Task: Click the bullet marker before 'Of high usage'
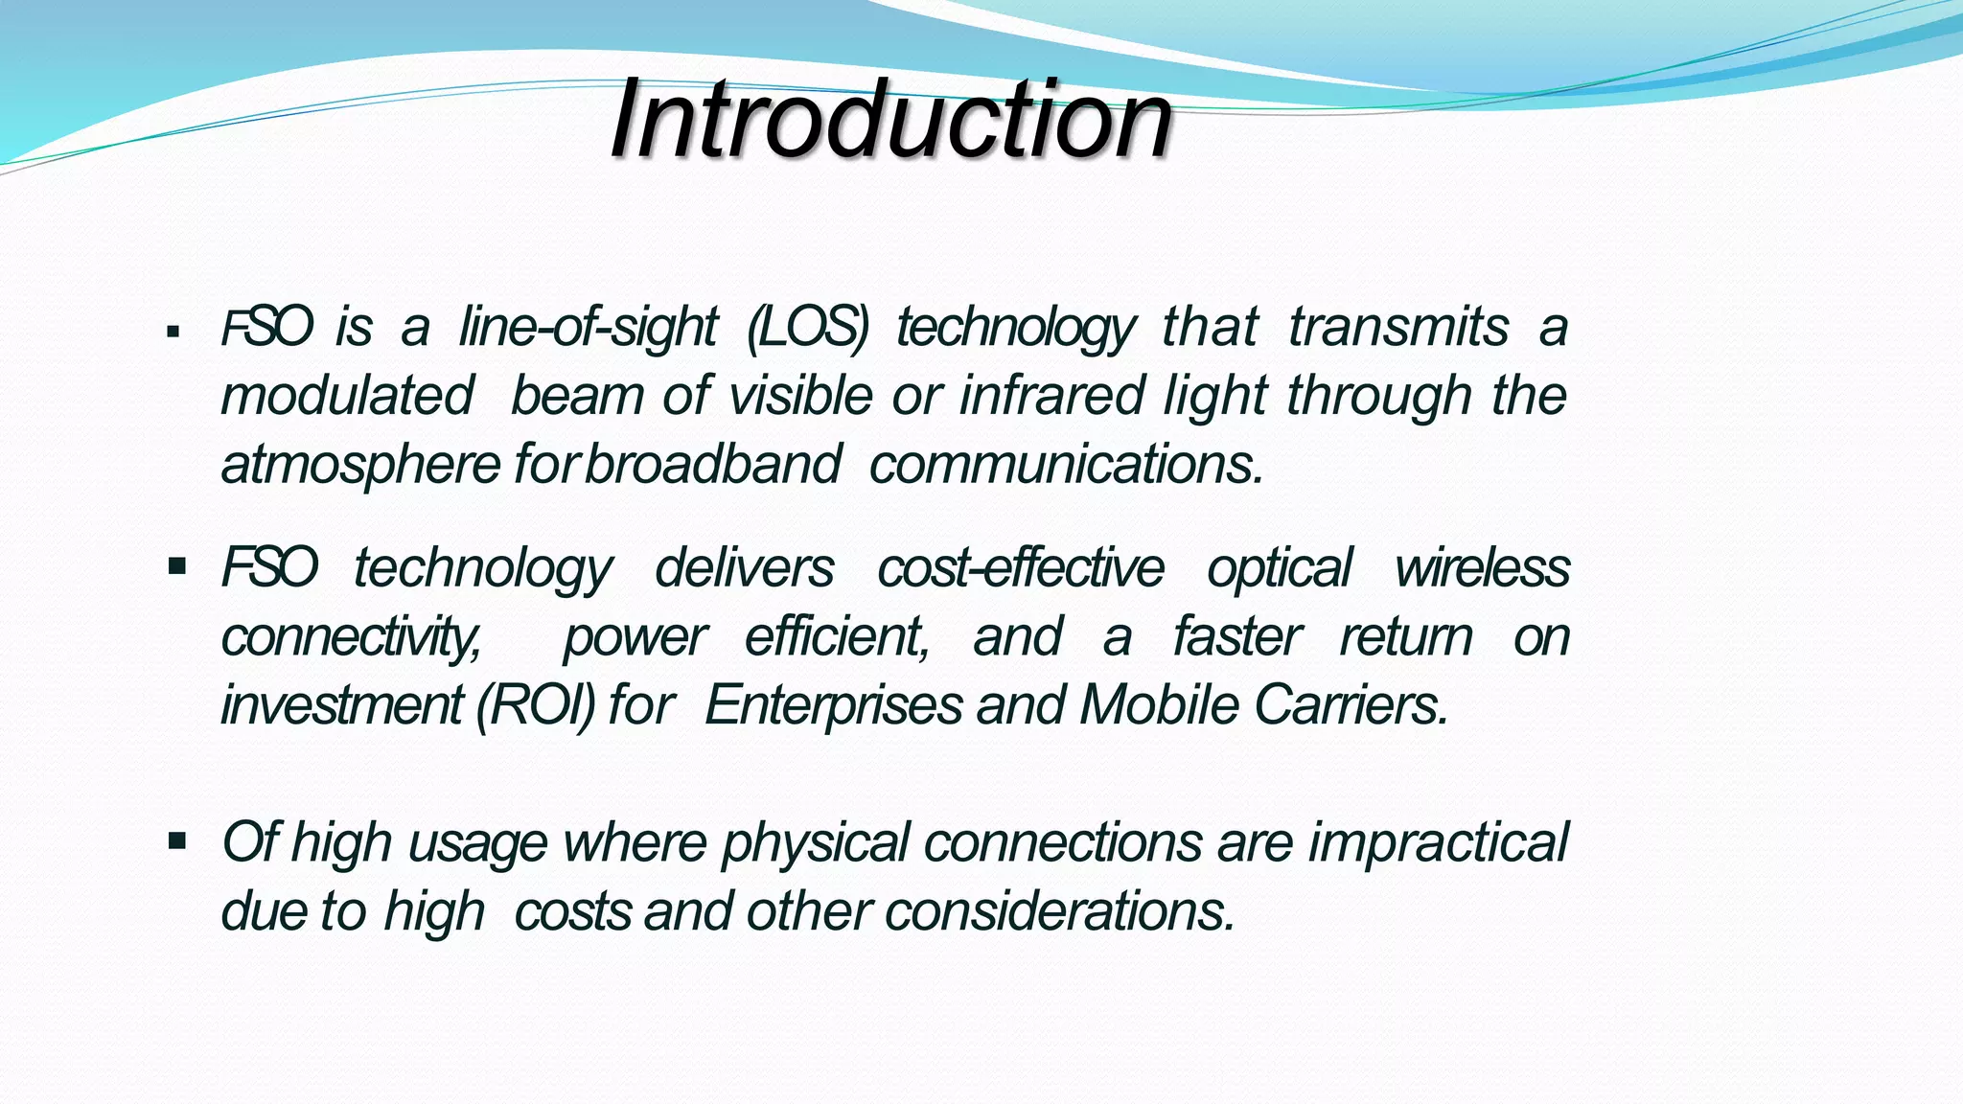176,841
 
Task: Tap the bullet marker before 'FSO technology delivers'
176,566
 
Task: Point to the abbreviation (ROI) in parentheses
535,706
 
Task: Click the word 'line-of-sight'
588,327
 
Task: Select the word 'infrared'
1051,395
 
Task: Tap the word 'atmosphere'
360,465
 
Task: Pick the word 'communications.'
1066,465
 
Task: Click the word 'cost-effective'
1020,567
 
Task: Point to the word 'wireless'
1482,567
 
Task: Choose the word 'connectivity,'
351,637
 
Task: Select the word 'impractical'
1438,843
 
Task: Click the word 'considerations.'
1060,911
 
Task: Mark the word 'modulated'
347,395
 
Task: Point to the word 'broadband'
713,465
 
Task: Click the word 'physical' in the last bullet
815,843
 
